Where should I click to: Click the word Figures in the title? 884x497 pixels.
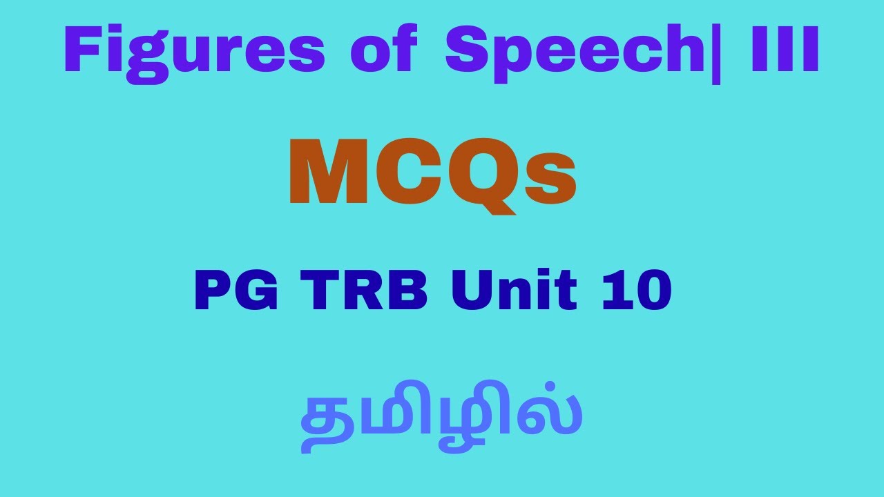(x=194, y=54)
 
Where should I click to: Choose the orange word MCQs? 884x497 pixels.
(x=432, y=175)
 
